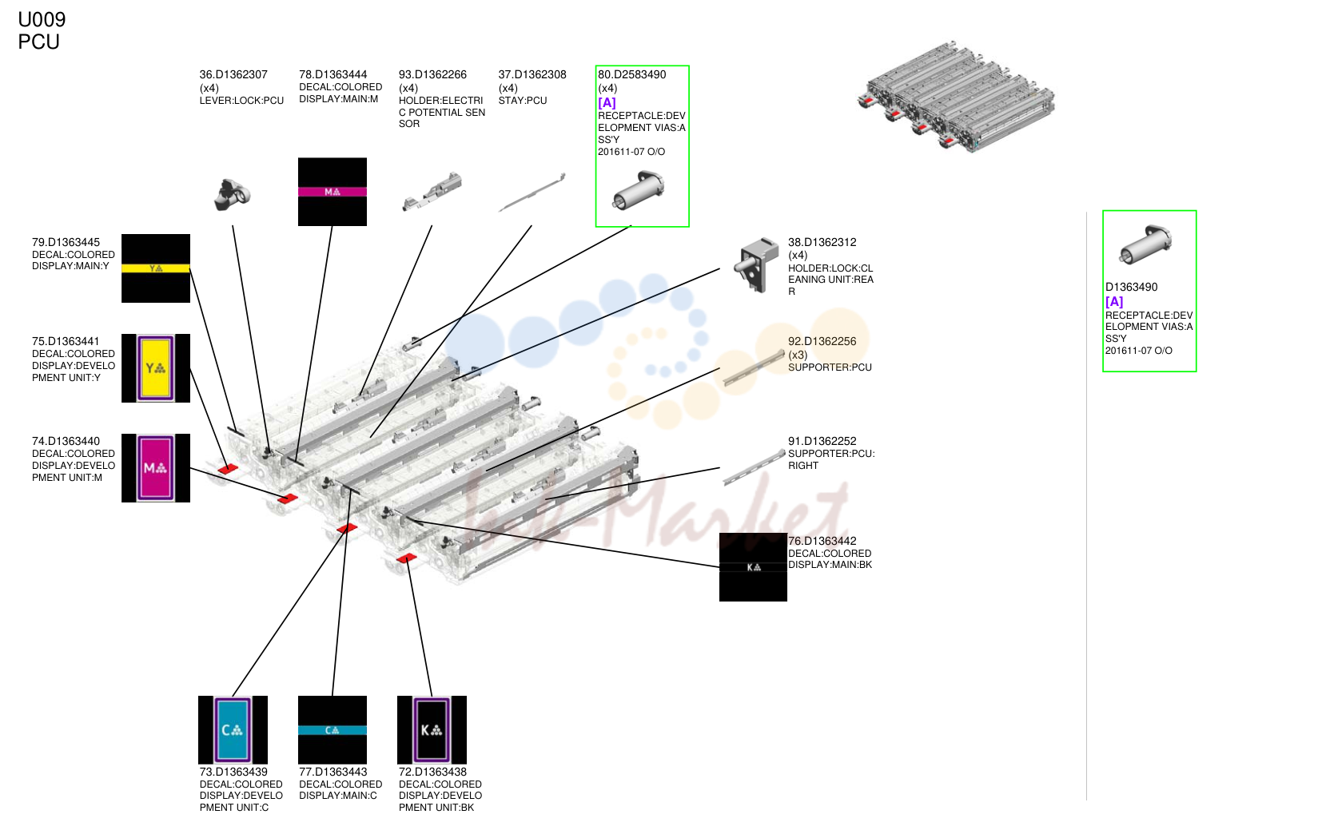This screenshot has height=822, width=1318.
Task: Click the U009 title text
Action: coord(42,20)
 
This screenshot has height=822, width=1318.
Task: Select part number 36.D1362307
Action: coord(233,74)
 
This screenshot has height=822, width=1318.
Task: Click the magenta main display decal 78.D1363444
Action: coord(332,192)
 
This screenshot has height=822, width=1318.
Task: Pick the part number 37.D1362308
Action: coord(532,74)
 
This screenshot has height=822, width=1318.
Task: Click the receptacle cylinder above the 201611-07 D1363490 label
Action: coord(1145,244)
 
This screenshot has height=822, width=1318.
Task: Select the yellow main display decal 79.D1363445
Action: coord(156,268)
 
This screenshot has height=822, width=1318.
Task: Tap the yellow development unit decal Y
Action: coord(156,369)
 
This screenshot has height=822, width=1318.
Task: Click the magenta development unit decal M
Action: coord(156,468)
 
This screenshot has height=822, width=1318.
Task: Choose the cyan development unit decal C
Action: coord(233,729)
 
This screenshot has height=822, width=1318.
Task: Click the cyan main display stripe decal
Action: coord(332,729)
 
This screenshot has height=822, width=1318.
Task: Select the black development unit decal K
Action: coord(432,729)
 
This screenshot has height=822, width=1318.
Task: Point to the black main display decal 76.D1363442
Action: coord(753,567)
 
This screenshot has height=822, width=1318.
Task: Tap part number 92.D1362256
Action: coord(822,342)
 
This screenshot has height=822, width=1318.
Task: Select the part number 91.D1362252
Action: coord(822,441)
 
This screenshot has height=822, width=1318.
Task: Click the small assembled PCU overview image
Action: coord(956,97)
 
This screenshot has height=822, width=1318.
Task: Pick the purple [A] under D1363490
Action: coord(1114,302)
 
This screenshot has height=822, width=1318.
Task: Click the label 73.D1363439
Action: coord(233,772)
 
